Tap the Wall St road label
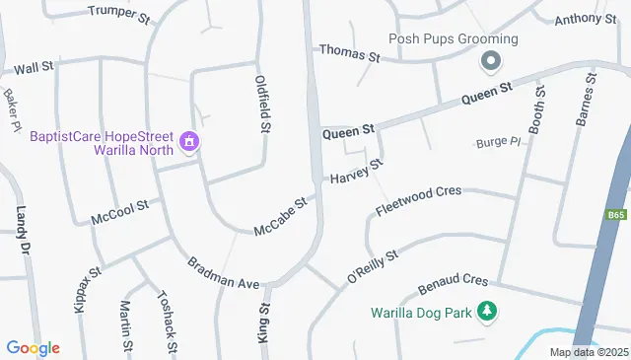(34, 68)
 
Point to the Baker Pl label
(12, 109)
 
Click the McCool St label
(118, 210)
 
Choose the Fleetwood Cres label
(419, 199)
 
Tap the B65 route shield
(616, 213)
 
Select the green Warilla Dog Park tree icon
(485, 313)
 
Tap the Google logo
(33, 347)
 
